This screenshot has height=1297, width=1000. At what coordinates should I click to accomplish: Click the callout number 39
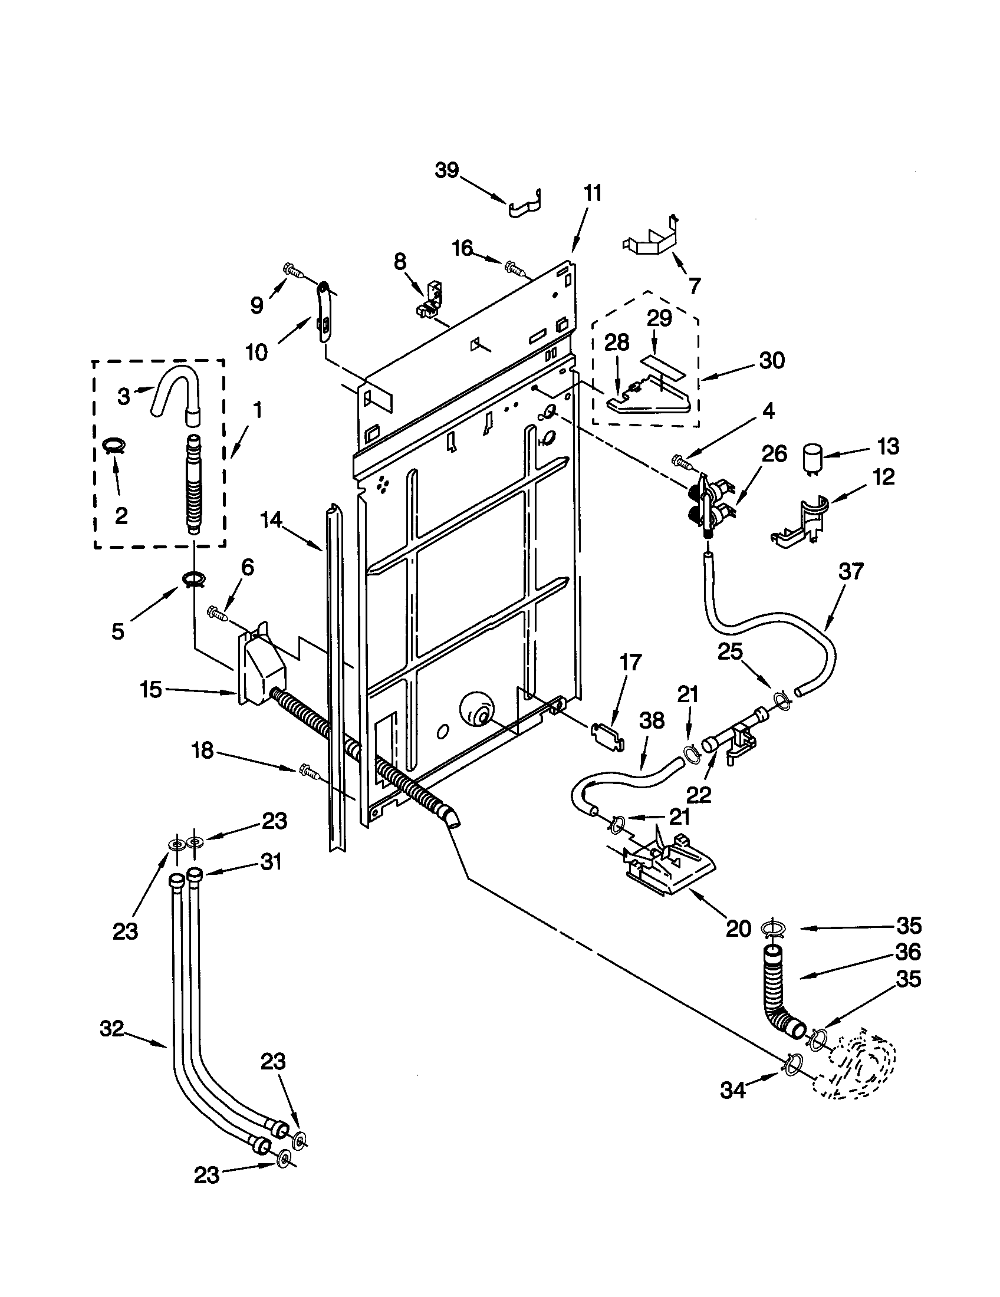pyautogui.click(x=447, y=170)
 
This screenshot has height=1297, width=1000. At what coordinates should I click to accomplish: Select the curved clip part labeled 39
pyautogui.click(x=526, y=205)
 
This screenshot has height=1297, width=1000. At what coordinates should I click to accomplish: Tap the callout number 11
pyautogui.click(x=592, y=193)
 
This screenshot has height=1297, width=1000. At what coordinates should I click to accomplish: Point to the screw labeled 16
pyautogui.click(x=514, y=268)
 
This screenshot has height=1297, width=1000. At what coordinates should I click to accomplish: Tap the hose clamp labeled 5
pyautogui.click(x=192, y=578)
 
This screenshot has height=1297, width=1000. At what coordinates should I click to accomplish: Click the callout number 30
pyautogui.click(x=771, y=360)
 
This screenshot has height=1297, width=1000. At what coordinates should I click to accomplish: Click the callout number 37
pyautogui.click(x=851, y=572)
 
